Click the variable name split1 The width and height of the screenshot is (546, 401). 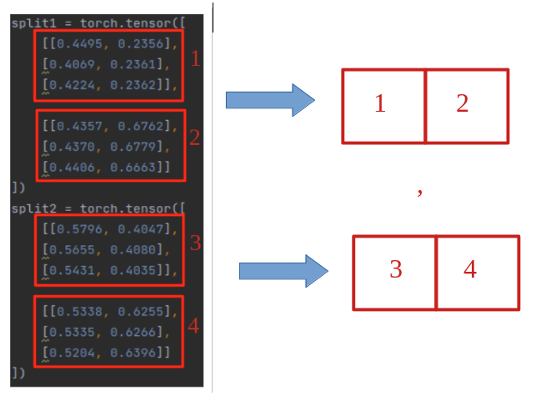click(30, 23)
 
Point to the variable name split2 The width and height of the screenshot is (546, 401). click(30, 208)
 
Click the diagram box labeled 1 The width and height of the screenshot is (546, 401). click(383, 106)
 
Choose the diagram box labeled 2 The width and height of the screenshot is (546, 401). click(466, 106)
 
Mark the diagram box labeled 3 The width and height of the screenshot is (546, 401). click(394, 273)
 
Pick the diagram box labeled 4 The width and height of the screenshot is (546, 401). click(477, 273)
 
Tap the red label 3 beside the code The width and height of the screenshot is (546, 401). click(195, 243)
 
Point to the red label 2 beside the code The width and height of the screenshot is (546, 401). click(194, 138)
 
